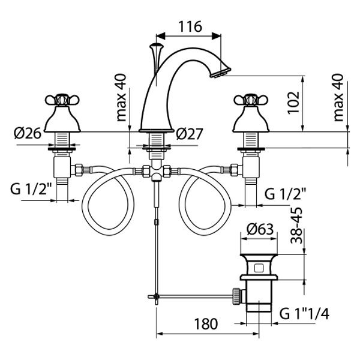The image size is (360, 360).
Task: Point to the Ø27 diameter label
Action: click(190, 133)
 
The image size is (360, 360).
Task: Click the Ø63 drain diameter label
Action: click(260, 229)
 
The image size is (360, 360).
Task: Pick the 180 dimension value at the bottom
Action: click(204, 325)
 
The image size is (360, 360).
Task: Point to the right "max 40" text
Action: click(340, 97)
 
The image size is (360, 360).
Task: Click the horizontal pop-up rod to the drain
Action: click(192, 295)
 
